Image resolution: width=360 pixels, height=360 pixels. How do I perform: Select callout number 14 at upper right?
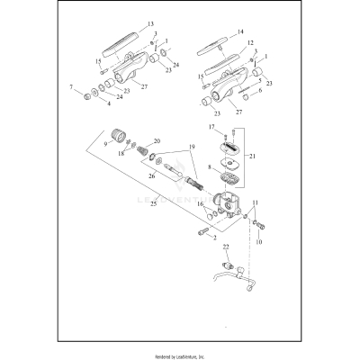point(239,31)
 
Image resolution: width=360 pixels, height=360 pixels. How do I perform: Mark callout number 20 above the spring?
point(158,141)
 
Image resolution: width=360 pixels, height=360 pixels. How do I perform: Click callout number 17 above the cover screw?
point(212,128)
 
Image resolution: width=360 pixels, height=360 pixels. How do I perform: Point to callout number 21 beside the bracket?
point(253,156)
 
